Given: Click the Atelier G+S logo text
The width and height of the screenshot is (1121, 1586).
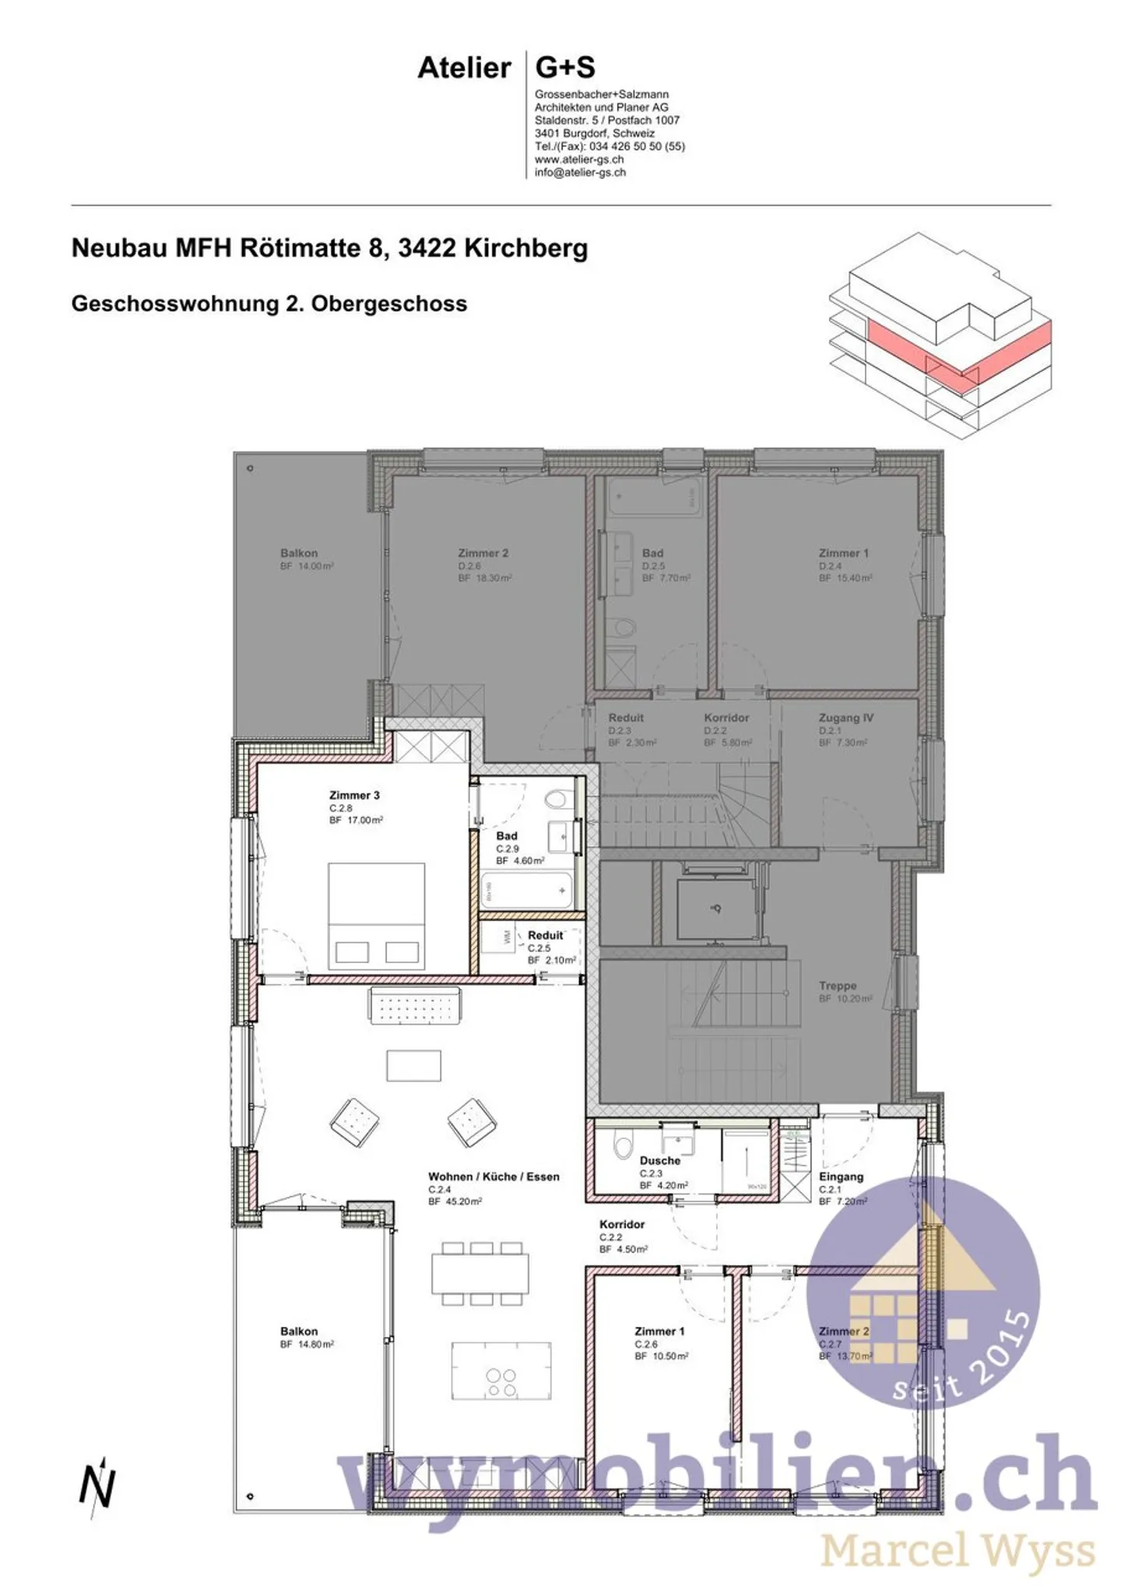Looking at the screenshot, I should [x=506, y=69].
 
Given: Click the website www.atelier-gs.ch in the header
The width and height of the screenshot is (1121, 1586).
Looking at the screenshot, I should [x=578, y=160].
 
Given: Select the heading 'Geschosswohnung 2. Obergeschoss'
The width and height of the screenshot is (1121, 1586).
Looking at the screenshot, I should [x=269, y=304].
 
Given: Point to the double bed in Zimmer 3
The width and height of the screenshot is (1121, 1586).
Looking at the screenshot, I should [x=376, y=916].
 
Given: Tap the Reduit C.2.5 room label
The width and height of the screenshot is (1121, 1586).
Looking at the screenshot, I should [x=545, y=936].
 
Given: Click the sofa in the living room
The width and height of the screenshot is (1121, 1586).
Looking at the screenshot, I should [x=413, y=1006].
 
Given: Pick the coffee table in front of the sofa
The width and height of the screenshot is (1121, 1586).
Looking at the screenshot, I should [x=413, y=1065].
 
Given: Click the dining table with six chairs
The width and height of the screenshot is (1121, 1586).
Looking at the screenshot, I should [x=480, y=1272].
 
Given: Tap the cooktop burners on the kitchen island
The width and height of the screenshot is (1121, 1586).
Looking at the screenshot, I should [x=501, y=1383].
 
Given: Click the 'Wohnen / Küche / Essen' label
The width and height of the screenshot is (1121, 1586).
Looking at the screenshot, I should [x=494, y=1176].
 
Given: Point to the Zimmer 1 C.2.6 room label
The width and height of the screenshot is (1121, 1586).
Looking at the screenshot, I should [x=659, y=1331].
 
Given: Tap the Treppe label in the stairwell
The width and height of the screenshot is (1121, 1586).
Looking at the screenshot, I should [x=838, y=986].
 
